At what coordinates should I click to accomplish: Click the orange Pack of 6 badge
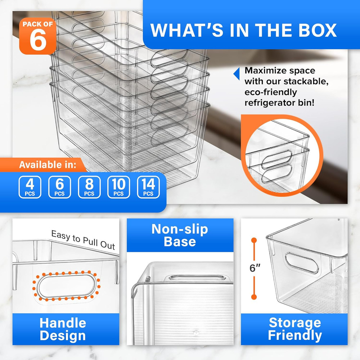38,35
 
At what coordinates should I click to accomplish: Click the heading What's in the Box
244,30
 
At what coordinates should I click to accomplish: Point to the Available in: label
48,165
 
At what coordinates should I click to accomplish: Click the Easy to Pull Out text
83,240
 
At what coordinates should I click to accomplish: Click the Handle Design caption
63,329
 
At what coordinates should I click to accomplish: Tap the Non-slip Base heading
180,235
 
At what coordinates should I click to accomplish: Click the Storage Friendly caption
294,329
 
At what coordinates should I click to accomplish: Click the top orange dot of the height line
254,240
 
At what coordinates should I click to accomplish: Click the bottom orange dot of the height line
254,297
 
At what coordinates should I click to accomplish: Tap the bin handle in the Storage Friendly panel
297,262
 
